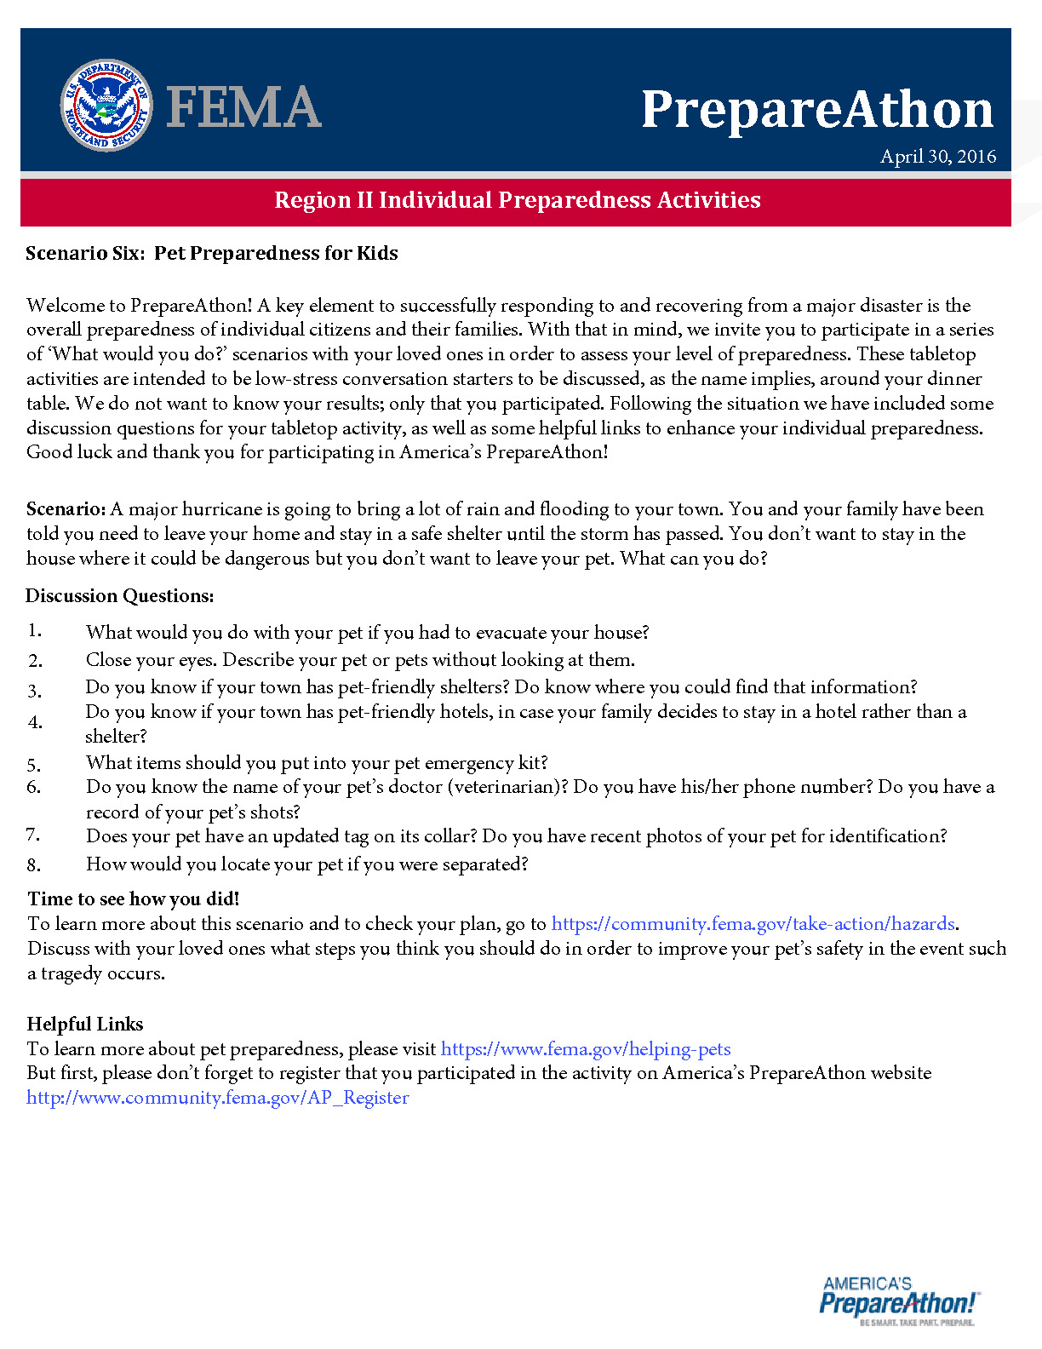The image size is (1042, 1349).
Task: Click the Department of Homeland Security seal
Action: coord(106,106)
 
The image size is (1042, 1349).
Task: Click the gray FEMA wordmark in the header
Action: coord(244,107)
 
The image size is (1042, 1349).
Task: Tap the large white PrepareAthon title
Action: coord(817,110)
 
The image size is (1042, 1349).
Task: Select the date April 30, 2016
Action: coord(938,157)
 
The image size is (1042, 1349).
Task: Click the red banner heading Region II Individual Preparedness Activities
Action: coord(517,200)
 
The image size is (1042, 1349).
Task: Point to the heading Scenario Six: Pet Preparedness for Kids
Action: coord(212,253)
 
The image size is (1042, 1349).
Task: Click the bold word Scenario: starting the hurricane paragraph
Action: coord(66,509)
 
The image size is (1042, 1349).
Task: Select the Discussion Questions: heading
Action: coord(120,596)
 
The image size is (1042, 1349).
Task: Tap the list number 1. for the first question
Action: coord(34,630)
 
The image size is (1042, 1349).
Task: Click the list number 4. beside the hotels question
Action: coord(34,722)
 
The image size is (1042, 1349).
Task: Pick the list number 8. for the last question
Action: coord(34,865)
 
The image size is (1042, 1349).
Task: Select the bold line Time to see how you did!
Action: coord(134,898)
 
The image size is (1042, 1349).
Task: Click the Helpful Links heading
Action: coord(85,1024)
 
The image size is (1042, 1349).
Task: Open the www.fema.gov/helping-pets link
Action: coord(586,1049)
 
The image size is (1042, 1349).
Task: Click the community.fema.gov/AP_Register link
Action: coord(218,1098)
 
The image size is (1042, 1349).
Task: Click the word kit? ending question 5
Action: coord(533,762)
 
